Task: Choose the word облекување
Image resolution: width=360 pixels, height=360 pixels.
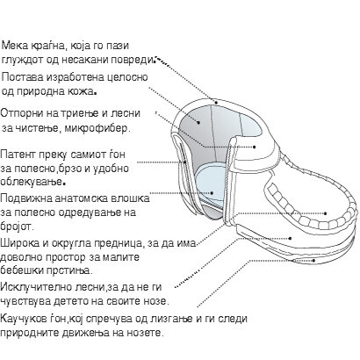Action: (x=32, y=182)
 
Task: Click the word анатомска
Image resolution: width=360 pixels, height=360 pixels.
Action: (x=77, y=198)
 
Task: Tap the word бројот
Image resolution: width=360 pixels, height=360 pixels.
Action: (x=16, y=227)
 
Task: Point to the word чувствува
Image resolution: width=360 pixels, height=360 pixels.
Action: (x=25, y=301)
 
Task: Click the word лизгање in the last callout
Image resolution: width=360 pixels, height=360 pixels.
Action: (x=170, y=319)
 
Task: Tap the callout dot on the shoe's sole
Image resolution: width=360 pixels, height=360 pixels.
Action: (x=313, y=260)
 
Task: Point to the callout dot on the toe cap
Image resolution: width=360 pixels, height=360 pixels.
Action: (x=326, y=213)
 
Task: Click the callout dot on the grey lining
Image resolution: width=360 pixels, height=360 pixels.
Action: (x=198, y=122)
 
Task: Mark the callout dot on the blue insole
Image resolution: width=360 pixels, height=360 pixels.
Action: (x=212, y=193)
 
